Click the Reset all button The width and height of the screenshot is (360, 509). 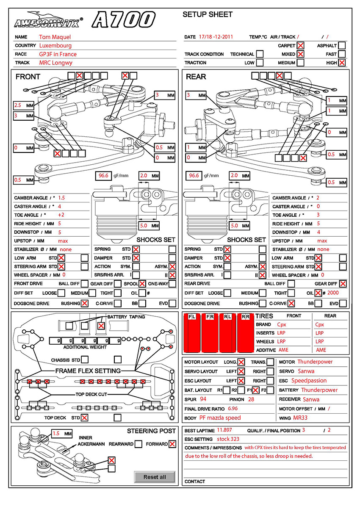155,477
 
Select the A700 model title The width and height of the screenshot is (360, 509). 124,20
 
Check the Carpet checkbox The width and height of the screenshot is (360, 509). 300,46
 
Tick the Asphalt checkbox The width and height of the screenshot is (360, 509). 342,46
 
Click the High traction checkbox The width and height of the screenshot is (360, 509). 342,63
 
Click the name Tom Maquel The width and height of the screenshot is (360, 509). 55,37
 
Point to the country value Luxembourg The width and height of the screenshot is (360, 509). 55,46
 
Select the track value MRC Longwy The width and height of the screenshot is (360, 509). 56,63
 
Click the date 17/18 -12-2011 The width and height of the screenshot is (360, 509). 216,37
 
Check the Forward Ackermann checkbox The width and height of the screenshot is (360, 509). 172,444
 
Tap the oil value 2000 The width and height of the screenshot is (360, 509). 333,293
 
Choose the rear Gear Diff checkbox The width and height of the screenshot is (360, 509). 343,284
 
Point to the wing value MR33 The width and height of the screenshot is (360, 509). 301,418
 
